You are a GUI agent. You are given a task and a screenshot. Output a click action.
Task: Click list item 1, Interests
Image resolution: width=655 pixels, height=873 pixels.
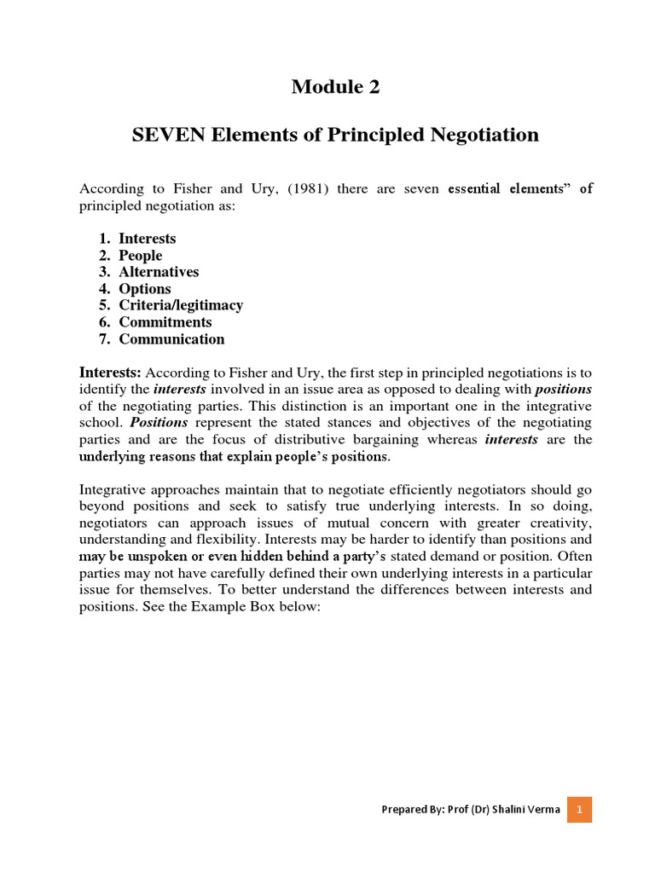point(147,239)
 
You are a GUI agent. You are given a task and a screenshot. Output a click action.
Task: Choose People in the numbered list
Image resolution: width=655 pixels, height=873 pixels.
point(140,256)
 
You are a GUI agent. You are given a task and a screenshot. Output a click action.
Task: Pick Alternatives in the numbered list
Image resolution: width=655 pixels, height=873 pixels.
point(159,272)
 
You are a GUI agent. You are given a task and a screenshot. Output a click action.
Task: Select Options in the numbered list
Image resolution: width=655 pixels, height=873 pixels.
point(145,289)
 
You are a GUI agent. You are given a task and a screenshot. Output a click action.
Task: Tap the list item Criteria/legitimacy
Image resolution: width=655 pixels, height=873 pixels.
point(181,305)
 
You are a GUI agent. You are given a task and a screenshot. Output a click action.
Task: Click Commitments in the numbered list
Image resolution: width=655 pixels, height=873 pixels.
point(165,322)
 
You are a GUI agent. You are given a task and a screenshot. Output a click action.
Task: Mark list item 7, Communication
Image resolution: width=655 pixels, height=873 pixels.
point(171,339)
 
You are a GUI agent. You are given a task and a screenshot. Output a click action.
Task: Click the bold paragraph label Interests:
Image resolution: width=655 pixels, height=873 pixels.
point(111,373)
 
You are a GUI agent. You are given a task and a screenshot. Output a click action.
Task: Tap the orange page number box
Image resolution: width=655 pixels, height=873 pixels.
point(579,809)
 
